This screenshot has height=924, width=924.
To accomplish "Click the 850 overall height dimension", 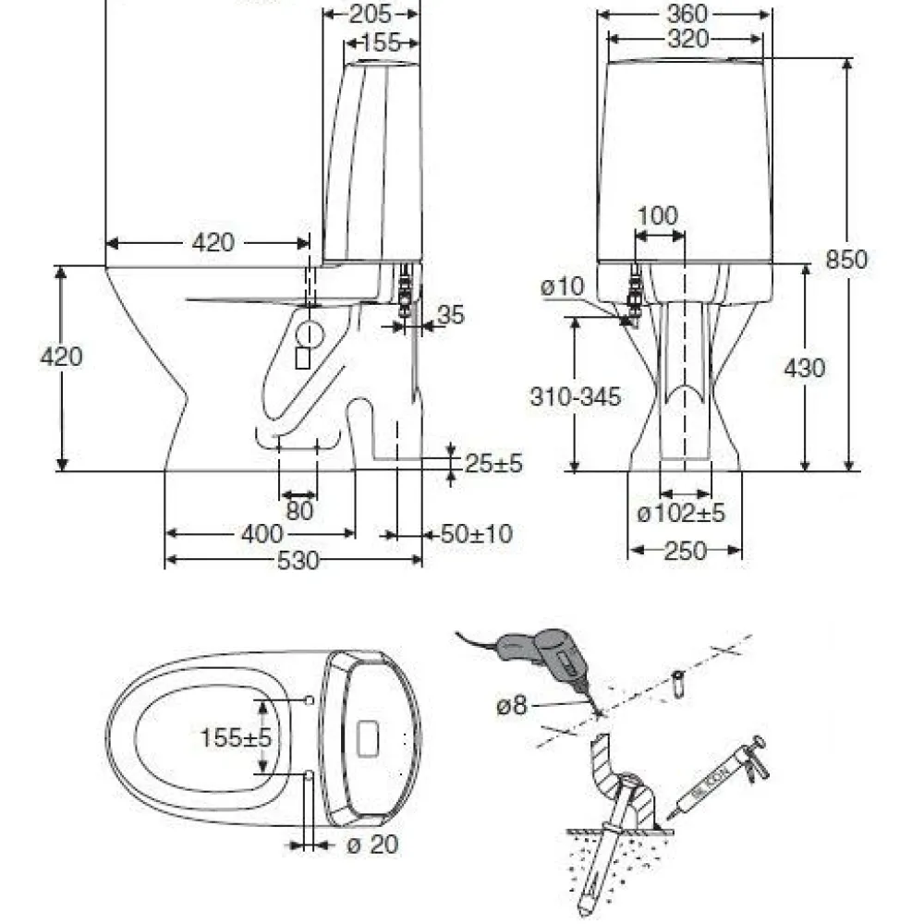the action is (846, 260).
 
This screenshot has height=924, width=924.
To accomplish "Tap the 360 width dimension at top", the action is (687, 14).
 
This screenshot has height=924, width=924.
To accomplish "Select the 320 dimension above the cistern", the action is (687, 39).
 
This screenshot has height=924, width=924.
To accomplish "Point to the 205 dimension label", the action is (371, 14).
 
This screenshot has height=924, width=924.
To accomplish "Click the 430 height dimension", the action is (805, 369).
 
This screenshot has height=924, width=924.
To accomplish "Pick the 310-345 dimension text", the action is (575, 396).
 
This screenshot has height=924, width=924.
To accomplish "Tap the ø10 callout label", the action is (562, 286).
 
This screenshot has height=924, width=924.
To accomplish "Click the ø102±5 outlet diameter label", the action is (681, 513).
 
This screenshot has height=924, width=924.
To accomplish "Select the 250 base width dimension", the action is (685, 551).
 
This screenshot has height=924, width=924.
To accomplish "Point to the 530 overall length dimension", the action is (298, 561).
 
